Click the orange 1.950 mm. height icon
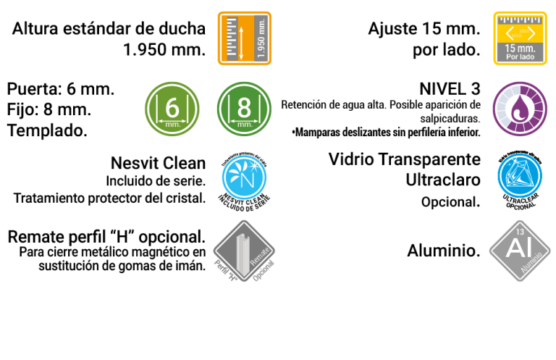[245, 38]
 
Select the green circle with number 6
[172, 109]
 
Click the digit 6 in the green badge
[172, 107]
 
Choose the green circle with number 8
[245, 109]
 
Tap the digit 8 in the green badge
[245, 107]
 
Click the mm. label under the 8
[245, 125]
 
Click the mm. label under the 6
[172, 125]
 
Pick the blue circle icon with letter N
[244, 177]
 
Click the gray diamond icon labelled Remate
[244, 251]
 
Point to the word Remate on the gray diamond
[259, 251]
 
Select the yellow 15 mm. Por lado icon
[520, 38]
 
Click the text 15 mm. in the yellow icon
[520, 49]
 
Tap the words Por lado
[520, 56]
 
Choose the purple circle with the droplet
[520, 109]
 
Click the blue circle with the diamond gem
[520, 175]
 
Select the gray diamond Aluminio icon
[520, 251]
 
